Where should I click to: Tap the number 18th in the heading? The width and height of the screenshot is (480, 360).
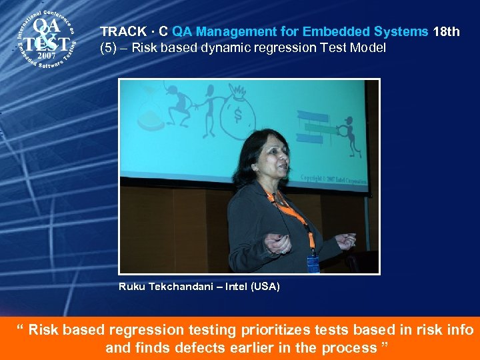(x=446, y=31)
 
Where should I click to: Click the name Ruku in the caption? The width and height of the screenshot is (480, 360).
(x=131, y=287)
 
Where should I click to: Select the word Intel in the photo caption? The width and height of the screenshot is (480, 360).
(x=235, y=287)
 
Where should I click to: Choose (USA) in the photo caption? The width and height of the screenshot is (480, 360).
(x=265, y=287)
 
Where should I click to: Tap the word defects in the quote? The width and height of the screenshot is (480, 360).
(x=198, y=347)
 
